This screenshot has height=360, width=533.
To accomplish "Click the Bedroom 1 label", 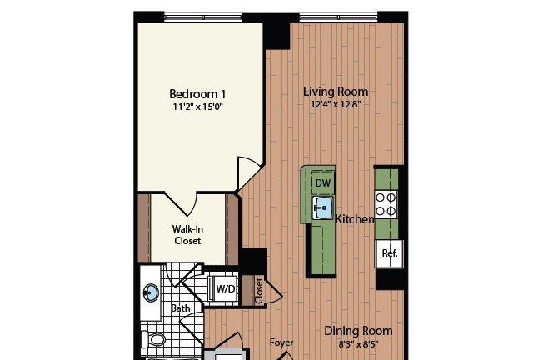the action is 197,94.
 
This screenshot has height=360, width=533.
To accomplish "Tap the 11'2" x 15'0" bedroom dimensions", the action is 197,107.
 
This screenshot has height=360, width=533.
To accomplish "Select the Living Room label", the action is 336,92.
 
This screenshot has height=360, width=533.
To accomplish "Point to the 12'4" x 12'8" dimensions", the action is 336,104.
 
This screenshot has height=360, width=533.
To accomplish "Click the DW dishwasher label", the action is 323,183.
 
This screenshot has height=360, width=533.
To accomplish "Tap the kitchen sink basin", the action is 322,207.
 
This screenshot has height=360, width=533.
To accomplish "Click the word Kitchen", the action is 355,219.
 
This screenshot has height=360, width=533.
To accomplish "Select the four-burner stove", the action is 386,204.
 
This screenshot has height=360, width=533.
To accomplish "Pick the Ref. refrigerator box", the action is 389,253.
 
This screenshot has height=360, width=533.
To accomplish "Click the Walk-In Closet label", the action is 187,235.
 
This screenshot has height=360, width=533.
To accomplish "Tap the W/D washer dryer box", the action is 224,288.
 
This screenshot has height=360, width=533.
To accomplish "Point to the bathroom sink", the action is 151,292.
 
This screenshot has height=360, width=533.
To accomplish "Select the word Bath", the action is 180,308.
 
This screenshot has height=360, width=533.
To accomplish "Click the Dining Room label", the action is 358,331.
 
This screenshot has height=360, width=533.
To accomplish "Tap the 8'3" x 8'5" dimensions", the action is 358,343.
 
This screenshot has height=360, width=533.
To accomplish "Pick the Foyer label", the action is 281,342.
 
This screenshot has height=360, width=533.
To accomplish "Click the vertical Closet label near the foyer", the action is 259,291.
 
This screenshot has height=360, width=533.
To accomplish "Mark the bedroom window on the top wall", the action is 203,17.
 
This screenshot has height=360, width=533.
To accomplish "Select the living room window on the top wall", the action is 339,17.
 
